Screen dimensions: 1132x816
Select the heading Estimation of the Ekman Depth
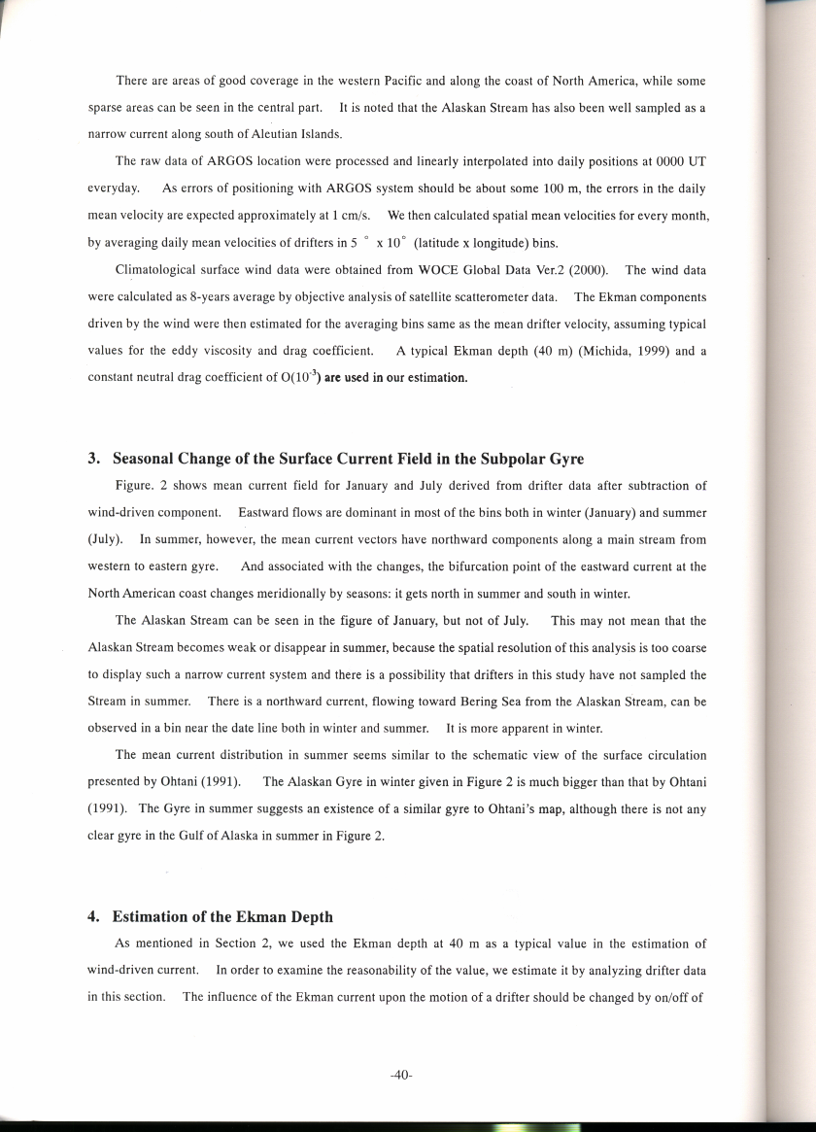(x=222, y=916)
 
